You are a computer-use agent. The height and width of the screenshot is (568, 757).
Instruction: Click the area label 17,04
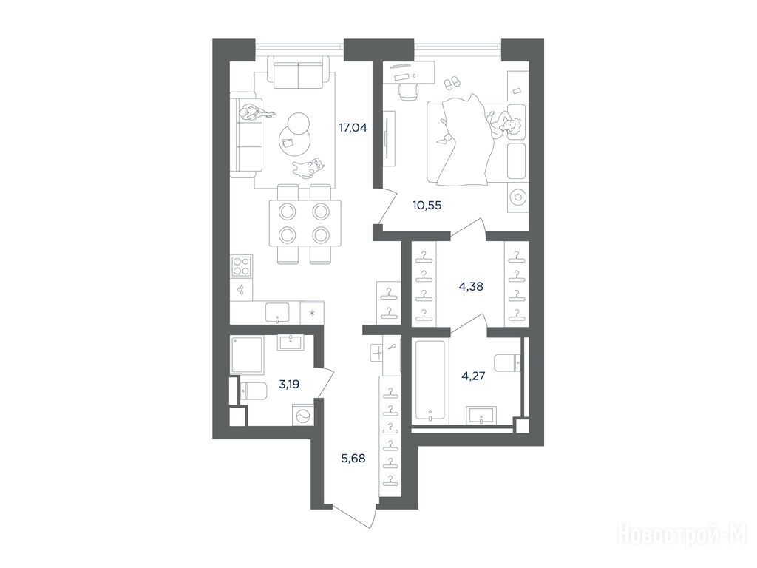353,128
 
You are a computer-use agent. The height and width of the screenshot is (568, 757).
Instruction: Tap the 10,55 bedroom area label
427,206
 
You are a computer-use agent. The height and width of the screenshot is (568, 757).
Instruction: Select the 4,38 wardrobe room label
471,286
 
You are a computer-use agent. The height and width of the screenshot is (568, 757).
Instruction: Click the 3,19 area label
289,385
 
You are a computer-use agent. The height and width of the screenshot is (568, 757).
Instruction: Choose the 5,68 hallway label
353,459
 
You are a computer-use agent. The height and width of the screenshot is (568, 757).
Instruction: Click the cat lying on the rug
308,167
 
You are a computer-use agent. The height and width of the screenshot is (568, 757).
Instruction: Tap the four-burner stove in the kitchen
242,266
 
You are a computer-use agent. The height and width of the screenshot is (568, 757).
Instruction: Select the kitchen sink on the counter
278,312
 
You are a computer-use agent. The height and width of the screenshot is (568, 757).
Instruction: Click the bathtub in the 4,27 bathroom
430,382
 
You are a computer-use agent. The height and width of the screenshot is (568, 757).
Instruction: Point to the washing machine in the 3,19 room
302,416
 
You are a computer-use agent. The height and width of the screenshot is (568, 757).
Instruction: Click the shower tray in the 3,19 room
247,356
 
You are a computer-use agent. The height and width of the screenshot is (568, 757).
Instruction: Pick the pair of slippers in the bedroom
452,82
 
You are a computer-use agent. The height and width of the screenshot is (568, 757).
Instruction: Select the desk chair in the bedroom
408,91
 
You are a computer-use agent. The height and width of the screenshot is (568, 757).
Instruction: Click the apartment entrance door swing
354,515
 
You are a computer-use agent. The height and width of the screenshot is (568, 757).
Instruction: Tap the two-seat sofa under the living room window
299,72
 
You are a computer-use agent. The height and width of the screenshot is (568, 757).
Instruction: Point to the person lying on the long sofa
257,113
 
